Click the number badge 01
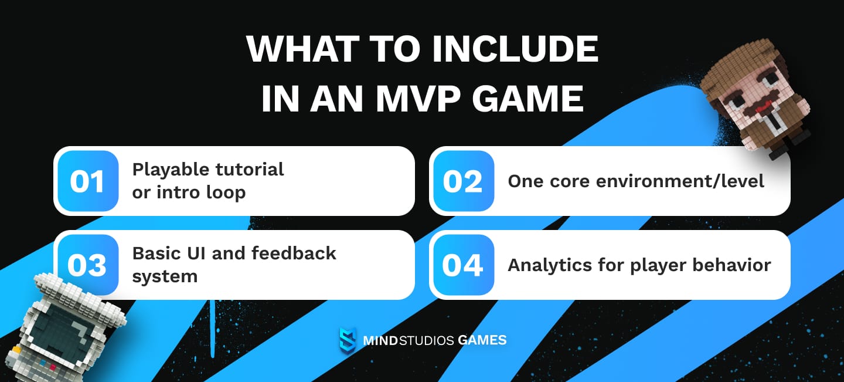tap(87, 181)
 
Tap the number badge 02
tap(462, 181)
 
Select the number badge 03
tap(87, 265)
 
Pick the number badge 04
tap(462, 265)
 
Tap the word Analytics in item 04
tap(549, 265)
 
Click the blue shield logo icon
tap(347, 340)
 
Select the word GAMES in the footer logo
tap(482, 340)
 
